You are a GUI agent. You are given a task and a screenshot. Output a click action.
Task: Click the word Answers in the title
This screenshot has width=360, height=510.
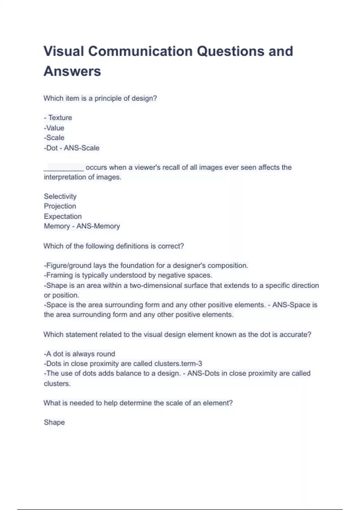click(x=72, y=71)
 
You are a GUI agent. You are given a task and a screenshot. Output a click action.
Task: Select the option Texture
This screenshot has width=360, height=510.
click(x=60, y=118)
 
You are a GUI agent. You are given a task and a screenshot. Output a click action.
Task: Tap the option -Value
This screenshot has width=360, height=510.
click(x=54, y=128)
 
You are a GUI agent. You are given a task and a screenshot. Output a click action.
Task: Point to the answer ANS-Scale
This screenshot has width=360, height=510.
click(x=82, y=148)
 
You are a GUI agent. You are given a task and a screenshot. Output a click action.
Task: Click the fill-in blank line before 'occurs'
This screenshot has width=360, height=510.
click(x=64, y=168)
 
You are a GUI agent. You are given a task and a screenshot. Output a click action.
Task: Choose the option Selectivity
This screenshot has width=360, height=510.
click(x=60, y=196)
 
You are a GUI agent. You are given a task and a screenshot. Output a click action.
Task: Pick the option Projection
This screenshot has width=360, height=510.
click(x=60, y=206)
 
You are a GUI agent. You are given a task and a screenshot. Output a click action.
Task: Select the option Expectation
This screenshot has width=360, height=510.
click(x=63, y=216)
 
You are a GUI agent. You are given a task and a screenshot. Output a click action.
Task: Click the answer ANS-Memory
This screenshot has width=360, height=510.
click(x=98, y=226)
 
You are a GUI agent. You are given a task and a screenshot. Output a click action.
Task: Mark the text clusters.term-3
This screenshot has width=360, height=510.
click(x=178, y=364)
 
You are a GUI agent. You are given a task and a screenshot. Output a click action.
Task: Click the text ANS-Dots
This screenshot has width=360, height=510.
click(x=203, y=373)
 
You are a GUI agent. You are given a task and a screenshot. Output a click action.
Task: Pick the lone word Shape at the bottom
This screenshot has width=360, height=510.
click(x=54, y=422)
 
